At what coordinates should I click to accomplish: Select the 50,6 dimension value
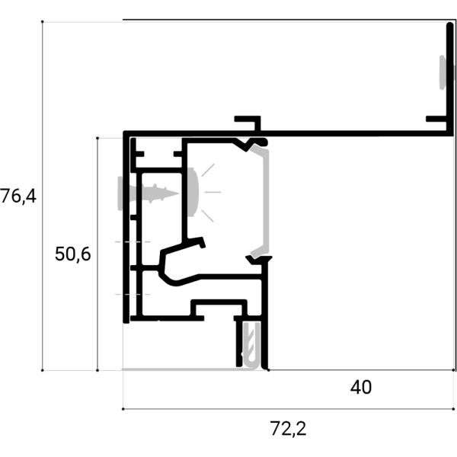pyautogui.click(x=73, y=254)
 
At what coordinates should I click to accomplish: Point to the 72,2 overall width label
pyautogui.click(x=288, y=429)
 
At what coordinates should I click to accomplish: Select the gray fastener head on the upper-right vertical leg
pyautogui.click(x=442, y=72)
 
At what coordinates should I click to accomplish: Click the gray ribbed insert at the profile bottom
pyautogui.click(x=251, y=344)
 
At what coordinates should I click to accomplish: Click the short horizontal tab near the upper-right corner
pyautogui.click(x=435, y=120)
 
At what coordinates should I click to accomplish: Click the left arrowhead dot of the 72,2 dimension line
pyautogui.click(x=123, y=409)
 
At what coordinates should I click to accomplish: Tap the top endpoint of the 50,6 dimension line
pyautogui.click(x=97, y=138)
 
